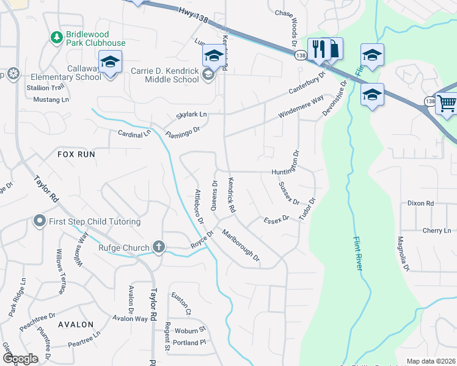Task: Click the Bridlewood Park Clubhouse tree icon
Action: click(57, 37)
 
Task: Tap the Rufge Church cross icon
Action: click(159, 247)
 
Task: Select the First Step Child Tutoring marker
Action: click(40, 221)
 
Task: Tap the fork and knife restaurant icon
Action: click(318, 49)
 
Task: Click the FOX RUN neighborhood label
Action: click(76, 154)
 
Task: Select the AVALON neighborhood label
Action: click(76, 325)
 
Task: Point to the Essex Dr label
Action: click(276, 220)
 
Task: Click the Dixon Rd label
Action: click(420, 203)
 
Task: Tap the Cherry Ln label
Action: click(436, 231)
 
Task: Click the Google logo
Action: click(20, 359)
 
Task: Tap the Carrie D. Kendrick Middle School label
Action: click(165, 76)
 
